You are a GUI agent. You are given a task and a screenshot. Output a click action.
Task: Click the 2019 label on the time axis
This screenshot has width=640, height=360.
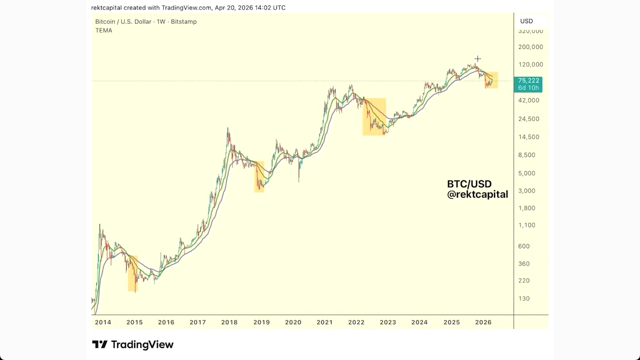point(261,322)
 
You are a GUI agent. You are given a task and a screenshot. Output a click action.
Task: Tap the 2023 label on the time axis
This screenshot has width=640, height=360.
point(388,322)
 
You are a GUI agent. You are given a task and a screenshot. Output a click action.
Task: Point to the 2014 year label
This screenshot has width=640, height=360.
point(103,322)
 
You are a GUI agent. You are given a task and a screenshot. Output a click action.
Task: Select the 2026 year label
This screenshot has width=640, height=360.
point(483,322)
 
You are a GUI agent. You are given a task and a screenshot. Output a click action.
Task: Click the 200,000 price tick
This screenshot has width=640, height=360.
point(531,47)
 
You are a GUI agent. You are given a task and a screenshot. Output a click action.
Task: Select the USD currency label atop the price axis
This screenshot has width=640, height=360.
point(526,21)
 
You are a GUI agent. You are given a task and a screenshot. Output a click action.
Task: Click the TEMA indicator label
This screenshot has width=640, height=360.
point(103,30)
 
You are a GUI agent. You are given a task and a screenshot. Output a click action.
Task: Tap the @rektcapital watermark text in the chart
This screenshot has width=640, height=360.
point(477,195)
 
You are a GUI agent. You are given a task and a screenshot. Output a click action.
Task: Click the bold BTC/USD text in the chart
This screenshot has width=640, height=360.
point(469,184)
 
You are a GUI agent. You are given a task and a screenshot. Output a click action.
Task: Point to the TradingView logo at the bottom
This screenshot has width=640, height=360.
point(133,345)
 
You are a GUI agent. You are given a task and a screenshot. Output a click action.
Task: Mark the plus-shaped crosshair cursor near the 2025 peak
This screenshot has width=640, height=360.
point(478,59)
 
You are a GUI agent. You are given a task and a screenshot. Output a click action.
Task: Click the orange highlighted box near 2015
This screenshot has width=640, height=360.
point(133,274)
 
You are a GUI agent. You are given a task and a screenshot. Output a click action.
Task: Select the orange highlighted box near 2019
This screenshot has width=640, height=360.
point(259,177)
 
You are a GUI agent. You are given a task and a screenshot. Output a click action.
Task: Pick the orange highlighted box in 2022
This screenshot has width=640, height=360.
point(374,116)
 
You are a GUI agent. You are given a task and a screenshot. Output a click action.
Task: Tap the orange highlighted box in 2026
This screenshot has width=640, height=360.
point(491,80)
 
